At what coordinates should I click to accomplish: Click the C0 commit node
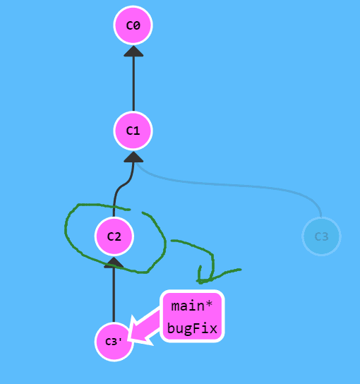tap(133, 25)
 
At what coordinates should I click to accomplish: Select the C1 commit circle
tap(133, 131)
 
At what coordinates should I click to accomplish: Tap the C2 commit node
tap(114, 236)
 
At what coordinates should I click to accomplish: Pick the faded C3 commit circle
tap(321, 236)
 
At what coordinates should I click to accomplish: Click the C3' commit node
tap(114, 342)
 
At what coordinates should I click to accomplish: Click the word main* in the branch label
tap(191, 306)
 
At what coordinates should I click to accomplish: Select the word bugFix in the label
tap(192, 328)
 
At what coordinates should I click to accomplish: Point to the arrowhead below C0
tap(133, 52)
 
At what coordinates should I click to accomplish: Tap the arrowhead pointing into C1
tap(133, 157)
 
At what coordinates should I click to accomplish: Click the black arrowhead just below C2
tap(114, 263)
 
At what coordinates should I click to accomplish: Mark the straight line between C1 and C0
tap(133, 84)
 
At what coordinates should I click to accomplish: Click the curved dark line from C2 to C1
tap(122, 186)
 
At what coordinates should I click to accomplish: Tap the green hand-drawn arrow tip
tap(199, 282)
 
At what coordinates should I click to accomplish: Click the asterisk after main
tap(209, 304)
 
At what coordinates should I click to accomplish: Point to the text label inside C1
tap(133, 131)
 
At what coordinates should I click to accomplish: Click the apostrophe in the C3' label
tap(120, 340)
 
